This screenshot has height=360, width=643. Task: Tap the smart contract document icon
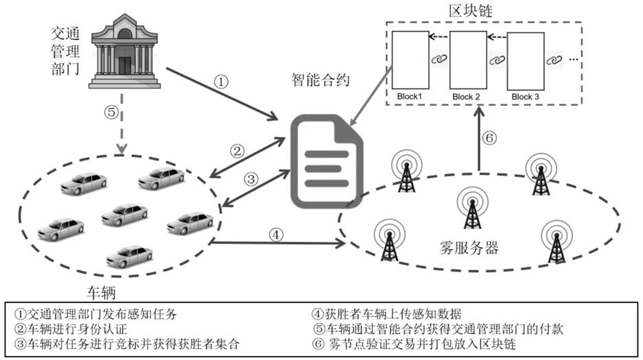pyautogui.click(x=327, y=162)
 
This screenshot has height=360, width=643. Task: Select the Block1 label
pyautogui.click(x=409, y=97)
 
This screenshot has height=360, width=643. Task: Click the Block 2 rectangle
pyautogui.click(x=468, y=60)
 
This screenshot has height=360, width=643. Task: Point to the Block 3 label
pyautogui.click(x=525, y=97)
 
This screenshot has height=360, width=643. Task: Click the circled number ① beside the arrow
pyautogui.click(x=221, y=82)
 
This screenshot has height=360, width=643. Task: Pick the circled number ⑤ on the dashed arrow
pyautogui.click(x=111, y=112)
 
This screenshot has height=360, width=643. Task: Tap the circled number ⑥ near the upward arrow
pyautogui.click(x=490, y=138)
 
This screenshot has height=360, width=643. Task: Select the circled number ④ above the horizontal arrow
pyautogui.click(x=276, y=235)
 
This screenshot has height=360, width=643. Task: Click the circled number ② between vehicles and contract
pyautogui.click(x=237, y=151)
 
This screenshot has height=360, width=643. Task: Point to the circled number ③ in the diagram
pyautogui.click(x=251, y=178)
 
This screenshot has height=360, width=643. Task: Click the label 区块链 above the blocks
pyautogui.click(x=470, y=10)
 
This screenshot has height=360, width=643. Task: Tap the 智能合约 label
pyautogui.click(x=320, y=79)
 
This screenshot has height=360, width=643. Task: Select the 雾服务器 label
pyautogui.click(x=469, y=248)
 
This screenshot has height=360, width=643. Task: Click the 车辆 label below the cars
pyautogui.click(x=101, y=292)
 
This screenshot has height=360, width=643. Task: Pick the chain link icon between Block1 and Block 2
pyautogui.click(x=439, y=59)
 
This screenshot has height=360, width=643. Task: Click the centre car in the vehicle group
pyautogui.click(x=124, y=214)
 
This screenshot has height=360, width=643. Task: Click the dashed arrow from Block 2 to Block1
pyautogui.click(x=439, y=37)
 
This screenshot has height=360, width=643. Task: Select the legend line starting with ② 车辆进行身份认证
pyautogui.click(x=71, y=329)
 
